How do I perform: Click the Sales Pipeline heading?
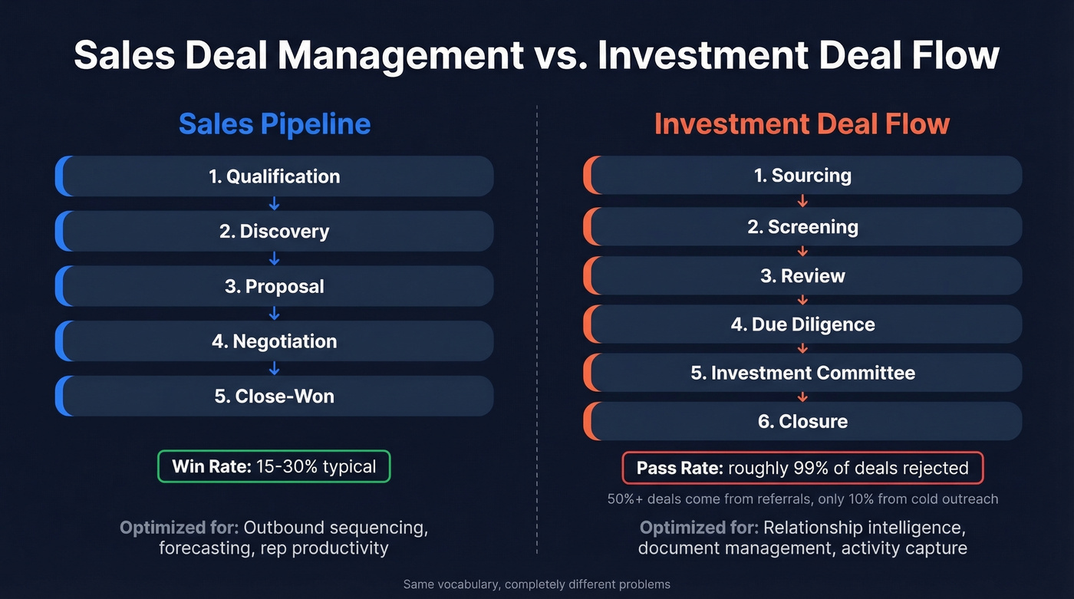pyautogui.click(x=275, y=124)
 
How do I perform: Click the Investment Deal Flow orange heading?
pyautogui.click(x=802, y=124)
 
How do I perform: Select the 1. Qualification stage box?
pyautogui.click(x=275, y=176)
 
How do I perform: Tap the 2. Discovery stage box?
pyautogui.click(x=275, y=232)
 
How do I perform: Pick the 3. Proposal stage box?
pyautogui.click(x=275, y=287)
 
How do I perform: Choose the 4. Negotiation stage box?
pyautogui.click(x=275, y=341)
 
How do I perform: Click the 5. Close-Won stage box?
pyautogui.click(x=275, y=397)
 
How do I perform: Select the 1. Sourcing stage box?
pyautogui.click(x=802, y=176)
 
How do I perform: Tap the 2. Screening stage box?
pyautogui.click(x=802, y=227)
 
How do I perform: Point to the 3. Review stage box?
pyautogui.click(x=802, y=276)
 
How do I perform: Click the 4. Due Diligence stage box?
pyautogui.click(x=802, y=324)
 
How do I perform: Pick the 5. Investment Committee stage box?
pyautogui.click(x=802, y=373)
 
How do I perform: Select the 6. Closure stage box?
pyautogui.click(x=802, y=421)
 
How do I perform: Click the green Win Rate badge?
pyautogui.click(x=274, y=466)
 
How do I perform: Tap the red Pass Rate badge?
pyautogui.click(x=802, y=468)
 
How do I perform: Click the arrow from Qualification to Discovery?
pyautogui.click(x=275, y=204)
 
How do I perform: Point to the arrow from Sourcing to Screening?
pyautogui.click(x=802, y=202)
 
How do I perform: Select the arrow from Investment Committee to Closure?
pyautogui.click(x=802, y=397)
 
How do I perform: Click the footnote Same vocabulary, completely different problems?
pyautogui.click(x=537, y=584)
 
